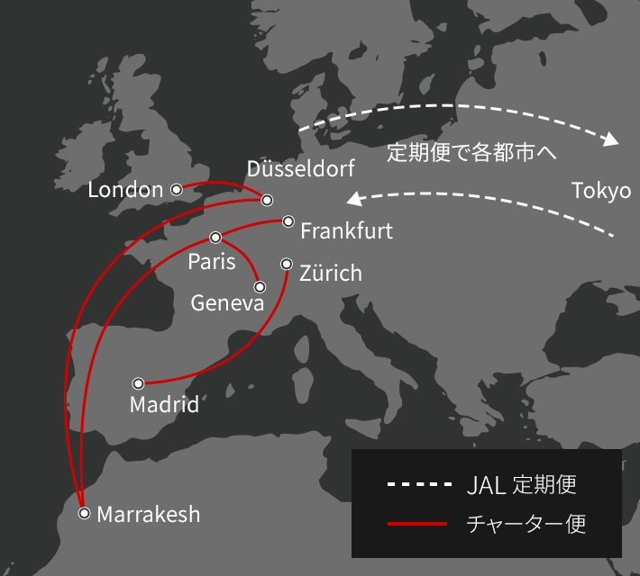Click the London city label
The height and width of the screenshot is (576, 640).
point(125,190)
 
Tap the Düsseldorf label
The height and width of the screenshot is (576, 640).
point(300,168)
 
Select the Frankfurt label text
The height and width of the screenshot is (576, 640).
point(346,231)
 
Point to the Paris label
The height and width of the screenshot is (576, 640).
point(212,262)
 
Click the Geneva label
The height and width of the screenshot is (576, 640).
point(227,303)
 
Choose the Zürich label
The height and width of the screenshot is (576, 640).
point(330,273)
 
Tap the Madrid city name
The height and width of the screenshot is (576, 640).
point(164,405)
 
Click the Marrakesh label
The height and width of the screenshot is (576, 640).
point(148,515)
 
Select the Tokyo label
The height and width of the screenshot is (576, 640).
point(601,191)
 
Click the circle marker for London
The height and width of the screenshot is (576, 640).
point(177,189)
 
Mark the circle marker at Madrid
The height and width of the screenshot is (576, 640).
point(138,383)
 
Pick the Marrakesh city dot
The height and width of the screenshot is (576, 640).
point(85,513)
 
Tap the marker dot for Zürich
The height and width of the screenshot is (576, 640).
point(287,264)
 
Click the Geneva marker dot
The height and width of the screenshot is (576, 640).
point(260,287)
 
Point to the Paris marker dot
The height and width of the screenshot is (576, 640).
point(215,238)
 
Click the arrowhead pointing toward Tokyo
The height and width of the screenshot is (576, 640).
point(613,140)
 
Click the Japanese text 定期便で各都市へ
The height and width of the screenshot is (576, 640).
point(471,153)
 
